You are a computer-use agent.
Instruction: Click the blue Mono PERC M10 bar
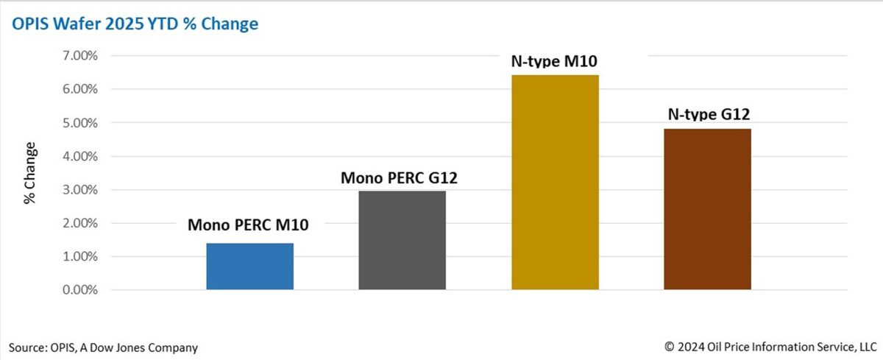click(249, 266)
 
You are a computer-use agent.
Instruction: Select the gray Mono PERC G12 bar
click(402, 240)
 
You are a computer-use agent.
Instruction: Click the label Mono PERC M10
click(248, 225)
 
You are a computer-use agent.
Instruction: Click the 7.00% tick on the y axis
click(79, 56)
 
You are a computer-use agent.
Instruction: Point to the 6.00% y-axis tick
click(79, 89)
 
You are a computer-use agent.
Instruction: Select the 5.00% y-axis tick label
click(79, 123)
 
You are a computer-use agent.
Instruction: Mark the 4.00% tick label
click(79, 156)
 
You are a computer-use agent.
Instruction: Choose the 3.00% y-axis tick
click(79, 190)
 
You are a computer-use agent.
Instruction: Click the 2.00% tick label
click(79, 223)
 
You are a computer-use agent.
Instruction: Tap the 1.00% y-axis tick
click(79, 257)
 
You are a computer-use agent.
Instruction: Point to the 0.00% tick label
click(79, 290)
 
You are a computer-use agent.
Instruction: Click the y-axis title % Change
click(30, 172)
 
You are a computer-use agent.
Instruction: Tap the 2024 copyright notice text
click(770, 347)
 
